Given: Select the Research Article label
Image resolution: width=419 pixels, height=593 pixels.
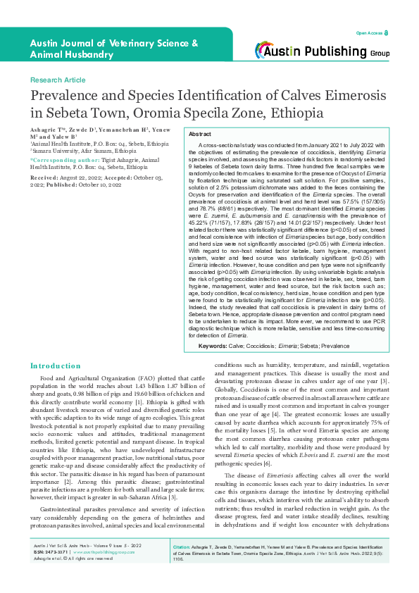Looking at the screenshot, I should pos(58,81).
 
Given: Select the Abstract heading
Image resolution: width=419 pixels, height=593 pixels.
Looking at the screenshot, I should pos(201,133).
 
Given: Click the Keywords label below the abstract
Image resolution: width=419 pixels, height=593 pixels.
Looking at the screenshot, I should pos(213,346).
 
